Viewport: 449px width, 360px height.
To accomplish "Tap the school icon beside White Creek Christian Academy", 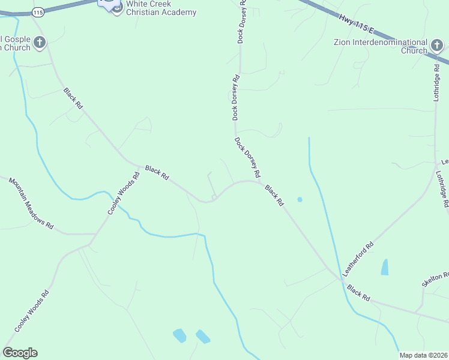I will (117, 7).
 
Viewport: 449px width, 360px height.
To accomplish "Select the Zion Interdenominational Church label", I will (380, 46).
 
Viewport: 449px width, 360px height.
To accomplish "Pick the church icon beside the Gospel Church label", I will (40, 42).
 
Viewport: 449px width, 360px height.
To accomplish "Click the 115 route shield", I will (38, 12).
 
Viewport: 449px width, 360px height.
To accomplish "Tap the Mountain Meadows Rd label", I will (31, 204).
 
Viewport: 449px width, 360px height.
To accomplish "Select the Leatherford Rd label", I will (358, 259).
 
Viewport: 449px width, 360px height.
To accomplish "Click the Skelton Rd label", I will (436, 280).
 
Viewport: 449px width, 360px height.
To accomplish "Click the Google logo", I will (20, 353).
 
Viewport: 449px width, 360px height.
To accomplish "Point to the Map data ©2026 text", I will (423, 355).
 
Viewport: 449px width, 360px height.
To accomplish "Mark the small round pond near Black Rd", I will (300, 199).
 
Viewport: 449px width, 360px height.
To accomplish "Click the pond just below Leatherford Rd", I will (384, 267).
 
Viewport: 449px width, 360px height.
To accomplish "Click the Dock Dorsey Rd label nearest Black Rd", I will (247, 157).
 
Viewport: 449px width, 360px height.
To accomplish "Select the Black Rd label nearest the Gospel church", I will (73, 98).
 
